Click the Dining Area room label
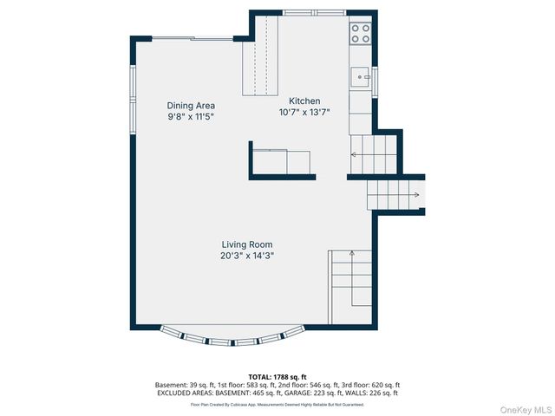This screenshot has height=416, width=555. (x=191, y=106)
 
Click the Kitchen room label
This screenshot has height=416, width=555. (x=304, y=101)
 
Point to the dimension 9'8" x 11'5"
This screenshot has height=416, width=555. (x=191, y=116)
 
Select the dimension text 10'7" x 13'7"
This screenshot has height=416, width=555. (x=304, y=112)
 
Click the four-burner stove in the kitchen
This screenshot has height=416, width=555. (x=360, y=34)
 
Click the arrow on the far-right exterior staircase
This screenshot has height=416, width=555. (x=415, y=195)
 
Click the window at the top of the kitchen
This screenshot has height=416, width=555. (x=314, y=12)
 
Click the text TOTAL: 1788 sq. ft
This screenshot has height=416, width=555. (x=277, y=377)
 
